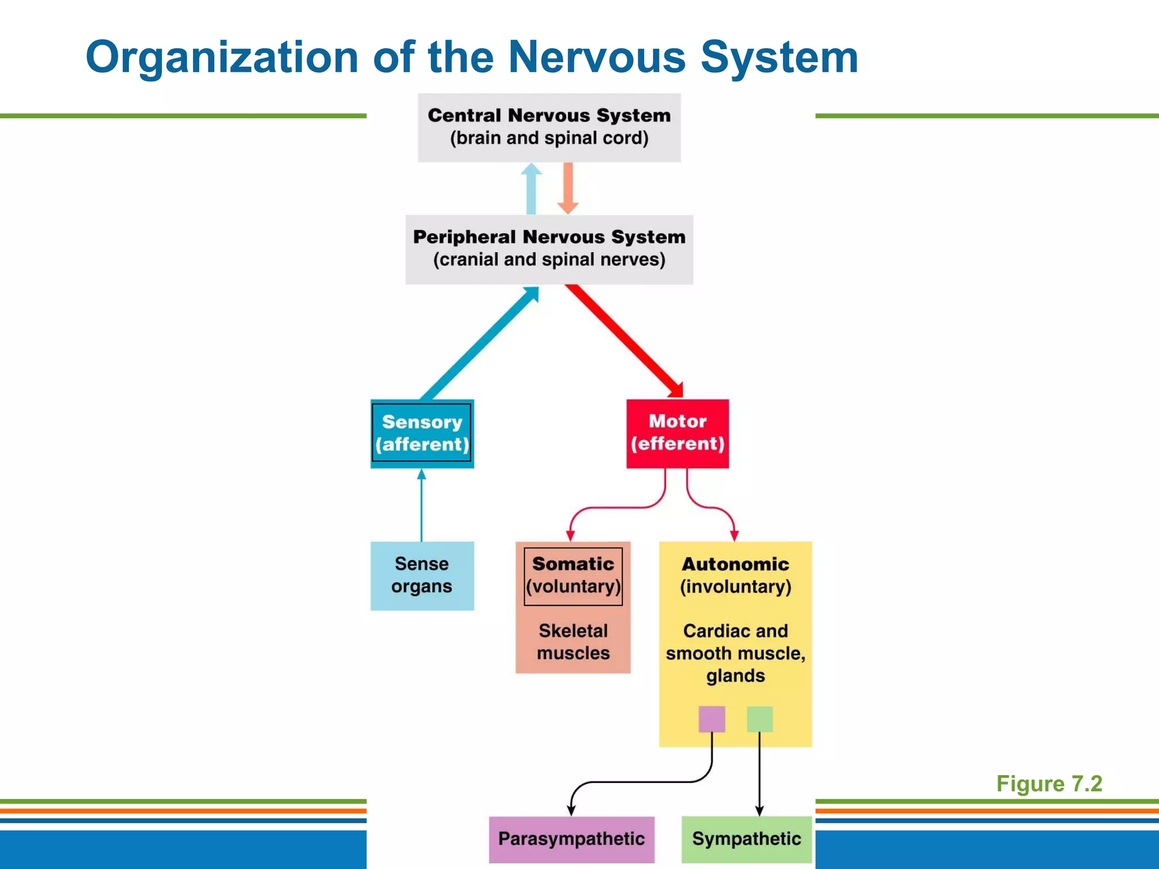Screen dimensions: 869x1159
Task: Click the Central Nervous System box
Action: (549, 128)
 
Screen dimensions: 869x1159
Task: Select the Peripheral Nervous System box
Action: (549, 249)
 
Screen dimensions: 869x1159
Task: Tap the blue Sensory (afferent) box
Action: (422, 433)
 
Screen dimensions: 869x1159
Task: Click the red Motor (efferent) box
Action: (677, 433)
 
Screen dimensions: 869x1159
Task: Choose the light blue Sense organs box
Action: (422, 575)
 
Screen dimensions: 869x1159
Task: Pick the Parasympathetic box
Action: (571, 839)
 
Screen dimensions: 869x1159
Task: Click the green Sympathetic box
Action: (746, 839)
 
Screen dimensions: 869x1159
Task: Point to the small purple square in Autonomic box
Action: (711, 719)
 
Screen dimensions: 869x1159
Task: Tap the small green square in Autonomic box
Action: (759, 719)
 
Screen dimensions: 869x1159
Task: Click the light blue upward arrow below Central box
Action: (531, 190)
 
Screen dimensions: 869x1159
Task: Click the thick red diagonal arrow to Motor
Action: (623, 339)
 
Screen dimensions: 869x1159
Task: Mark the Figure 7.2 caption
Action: (1049, 784)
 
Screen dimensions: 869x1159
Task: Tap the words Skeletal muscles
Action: (573, 642)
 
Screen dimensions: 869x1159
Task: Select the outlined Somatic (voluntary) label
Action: (573, 576)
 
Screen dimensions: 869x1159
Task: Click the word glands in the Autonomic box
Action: (735, 676)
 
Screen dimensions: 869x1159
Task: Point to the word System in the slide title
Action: (779, 58)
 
